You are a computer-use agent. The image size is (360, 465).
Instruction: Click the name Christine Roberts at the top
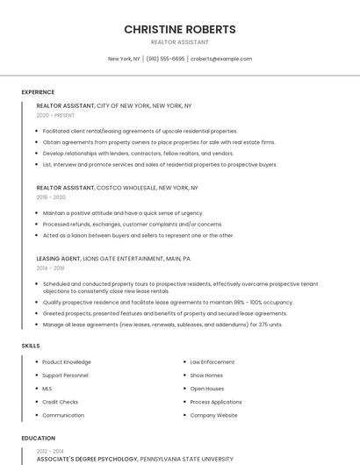pos(180,29)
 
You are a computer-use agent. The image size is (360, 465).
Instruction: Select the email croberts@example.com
pos(221,59)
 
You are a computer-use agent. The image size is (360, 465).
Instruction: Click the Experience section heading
pos(38,92)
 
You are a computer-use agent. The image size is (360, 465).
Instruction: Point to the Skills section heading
pos(31,346)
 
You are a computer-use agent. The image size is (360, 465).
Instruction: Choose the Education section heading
pos(38,438)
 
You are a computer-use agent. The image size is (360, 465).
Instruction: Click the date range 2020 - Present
pos(55,115)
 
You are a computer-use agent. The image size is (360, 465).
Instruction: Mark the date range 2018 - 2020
pos(51,197)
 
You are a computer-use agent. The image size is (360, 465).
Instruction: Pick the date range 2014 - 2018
pos(51,268)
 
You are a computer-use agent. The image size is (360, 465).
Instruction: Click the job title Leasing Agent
pos(58,259)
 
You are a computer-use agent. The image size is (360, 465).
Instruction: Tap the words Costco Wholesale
pos(127,188)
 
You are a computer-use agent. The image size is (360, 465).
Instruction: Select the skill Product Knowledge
pos(67,361)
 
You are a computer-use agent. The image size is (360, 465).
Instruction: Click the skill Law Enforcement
pos(212,361)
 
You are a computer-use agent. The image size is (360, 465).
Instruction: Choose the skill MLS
pos(47,388)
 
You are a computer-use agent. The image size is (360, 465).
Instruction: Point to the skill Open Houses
pos(207,388)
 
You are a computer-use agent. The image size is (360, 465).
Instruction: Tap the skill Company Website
pos(214,415)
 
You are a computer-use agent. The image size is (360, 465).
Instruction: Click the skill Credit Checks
pos(61,402)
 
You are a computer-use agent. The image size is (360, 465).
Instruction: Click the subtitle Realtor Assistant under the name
pos(180,42)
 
